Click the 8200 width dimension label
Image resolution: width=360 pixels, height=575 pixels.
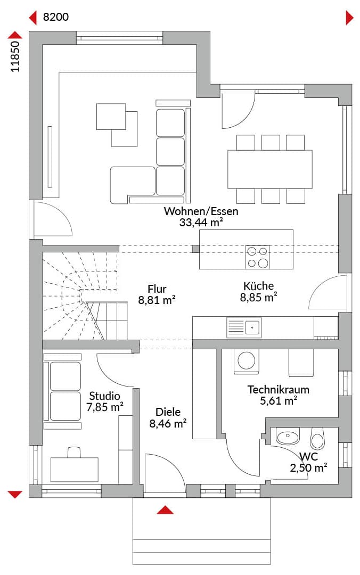(x=56, y=17)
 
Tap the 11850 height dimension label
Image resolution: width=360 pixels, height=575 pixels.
(x=15, y=56)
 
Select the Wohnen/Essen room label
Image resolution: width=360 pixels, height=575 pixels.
(x=201, y=211)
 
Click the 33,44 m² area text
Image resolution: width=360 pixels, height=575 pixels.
(x=201, y=222)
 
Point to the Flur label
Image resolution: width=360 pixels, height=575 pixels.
(x=157, y=289)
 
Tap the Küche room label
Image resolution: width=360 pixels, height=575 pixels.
(x=258, y=286)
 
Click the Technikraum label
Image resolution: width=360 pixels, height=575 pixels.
(x=278, y=389)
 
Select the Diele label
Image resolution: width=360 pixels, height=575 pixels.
(x=168, y=412)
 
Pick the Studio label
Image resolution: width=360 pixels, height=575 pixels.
(x=104, y=396)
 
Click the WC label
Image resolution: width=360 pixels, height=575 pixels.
(x=308, y=457)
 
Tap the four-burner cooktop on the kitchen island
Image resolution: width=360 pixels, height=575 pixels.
(x=257, y=258)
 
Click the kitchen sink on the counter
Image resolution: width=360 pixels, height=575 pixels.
(x=244, y=327)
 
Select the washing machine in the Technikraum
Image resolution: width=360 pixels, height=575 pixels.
(x=246, y=361)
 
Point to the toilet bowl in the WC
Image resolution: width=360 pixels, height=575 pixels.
(x=317, y=438)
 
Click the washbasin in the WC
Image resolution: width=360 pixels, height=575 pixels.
(x=288, y=437)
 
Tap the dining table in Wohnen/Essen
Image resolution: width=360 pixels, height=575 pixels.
(x=269, y=169)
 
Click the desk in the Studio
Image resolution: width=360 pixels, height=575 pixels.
(x=75, y=470)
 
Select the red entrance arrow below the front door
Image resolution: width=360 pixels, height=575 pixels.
(x=165, y=510)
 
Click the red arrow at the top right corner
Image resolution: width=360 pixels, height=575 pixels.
(x=350, y=18)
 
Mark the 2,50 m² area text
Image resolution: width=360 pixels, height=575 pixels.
(x=309, y=467)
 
